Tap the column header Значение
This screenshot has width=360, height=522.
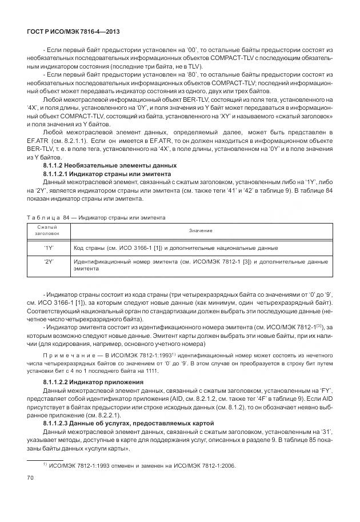201,230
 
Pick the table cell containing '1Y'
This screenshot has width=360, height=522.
48,248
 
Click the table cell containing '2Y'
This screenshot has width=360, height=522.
48,261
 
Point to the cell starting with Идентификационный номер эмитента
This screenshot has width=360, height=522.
201,264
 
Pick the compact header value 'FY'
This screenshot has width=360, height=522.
323,389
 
